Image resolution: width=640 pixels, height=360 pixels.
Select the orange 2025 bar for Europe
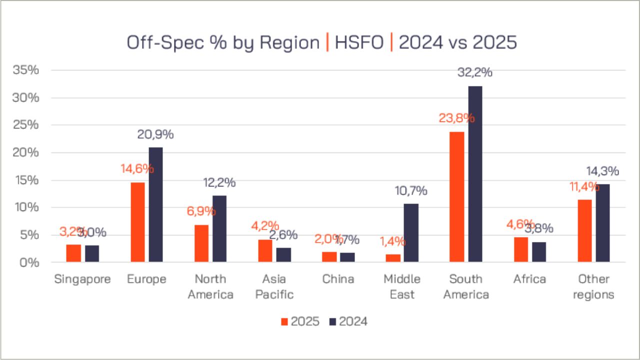tap(137, 222)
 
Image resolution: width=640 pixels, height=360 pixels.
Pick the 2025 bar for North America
tap(201, 243)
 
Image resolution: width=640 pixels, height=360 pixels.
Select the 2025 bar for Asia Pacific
tap(265, 250)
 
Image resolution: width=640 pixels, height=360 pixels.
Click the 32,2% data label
tap(475, 72)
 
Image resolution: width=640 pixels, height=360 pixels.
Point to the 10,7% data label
tap(410, 190)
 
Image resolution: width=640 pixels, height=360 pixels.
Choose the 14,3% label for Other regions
tap(602, 171)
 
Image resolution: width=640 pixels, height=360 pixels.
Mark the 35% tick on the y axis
tap(25, 70)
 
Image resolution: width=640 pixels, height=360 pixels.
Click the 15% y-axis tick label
tap(25, 180)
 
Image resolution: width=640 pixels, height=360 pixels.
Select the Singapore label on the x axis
tap(82, 279)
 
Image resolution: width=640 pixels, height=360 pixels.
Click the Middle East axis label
tap(402, 286)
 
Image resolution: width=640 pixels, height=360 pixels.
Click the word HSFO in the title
tap(358, 43)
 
